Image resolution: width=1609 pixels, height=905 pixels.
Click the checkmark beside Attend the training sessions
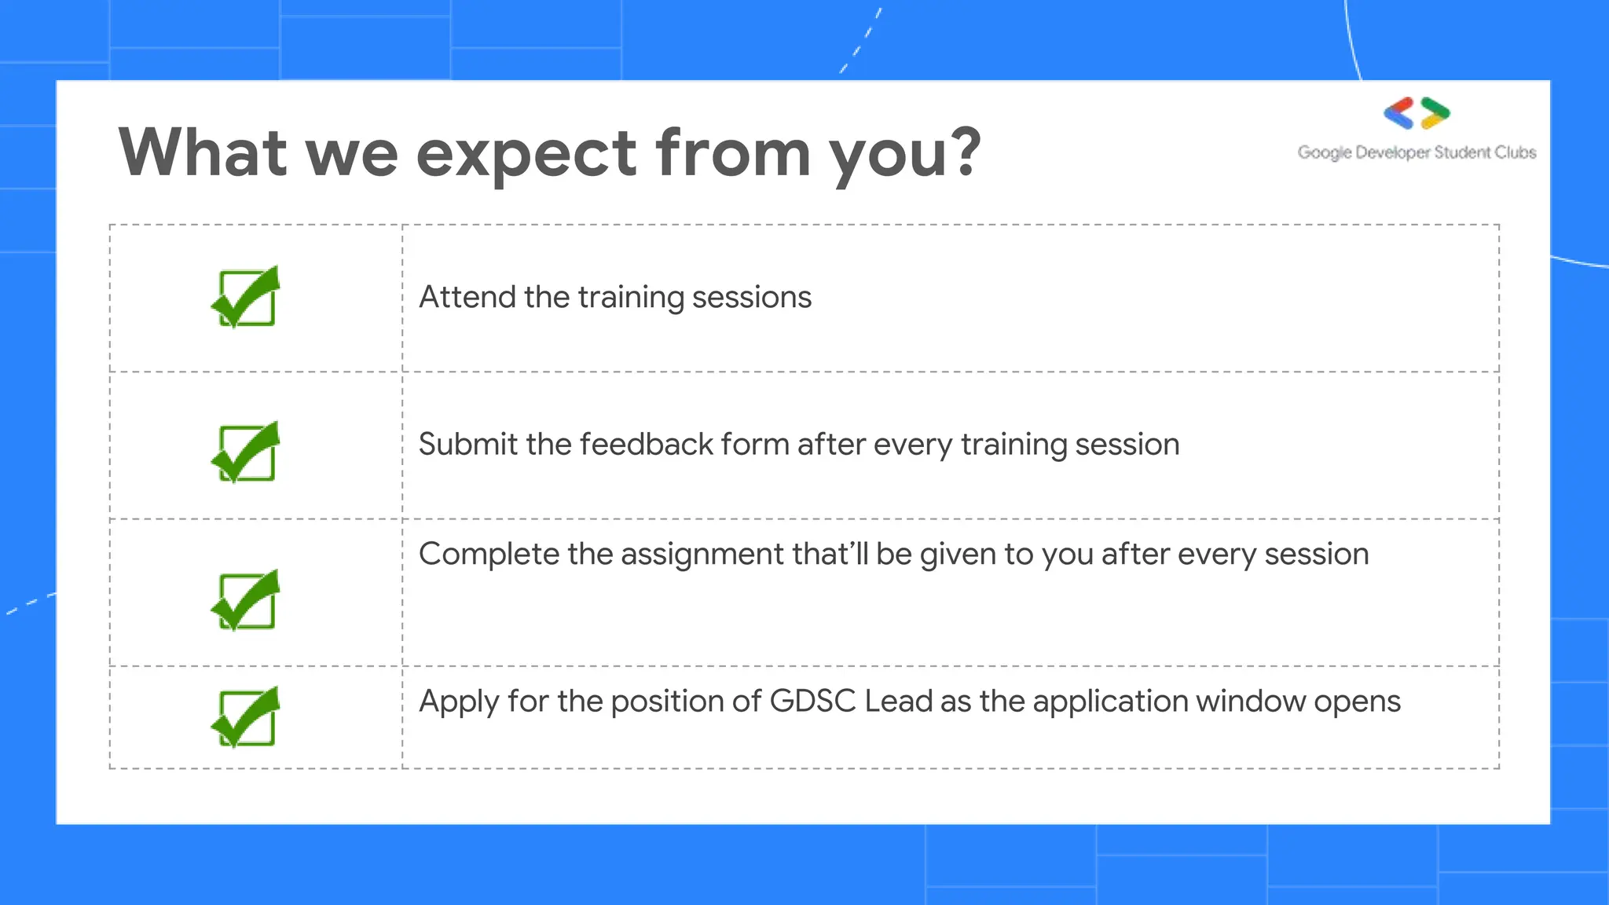246,297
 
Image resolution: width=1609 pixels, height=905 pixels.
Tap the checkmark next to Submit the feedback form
246,452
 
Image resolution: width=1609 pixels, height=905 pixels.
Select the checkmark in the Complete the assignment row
246,600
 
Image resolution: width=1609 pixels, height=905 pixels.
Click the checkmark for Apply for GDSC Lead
246,717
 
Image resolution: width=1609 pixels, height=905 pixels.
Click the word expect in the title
526,154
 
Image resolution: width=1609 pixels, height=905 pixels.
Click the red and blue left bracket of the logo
1398,113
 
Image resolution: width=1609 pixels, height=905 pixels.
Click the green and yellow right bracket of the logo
1435,113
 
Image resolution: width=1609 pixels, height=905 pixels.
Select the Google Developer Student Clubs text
1417,152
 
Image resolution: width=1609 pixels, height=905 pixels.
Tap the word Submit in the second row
467,445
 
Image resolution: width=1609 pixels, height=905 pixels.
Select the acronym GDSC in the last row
812,701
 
